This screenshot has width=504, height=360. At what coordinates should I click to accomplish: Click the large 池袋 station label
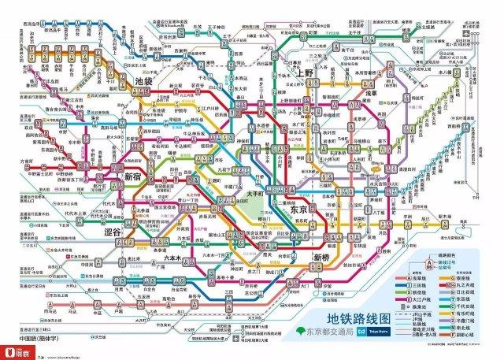point(144,81)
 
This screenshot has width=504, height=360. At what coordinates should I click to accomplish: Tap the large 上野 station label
point(306,73)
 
